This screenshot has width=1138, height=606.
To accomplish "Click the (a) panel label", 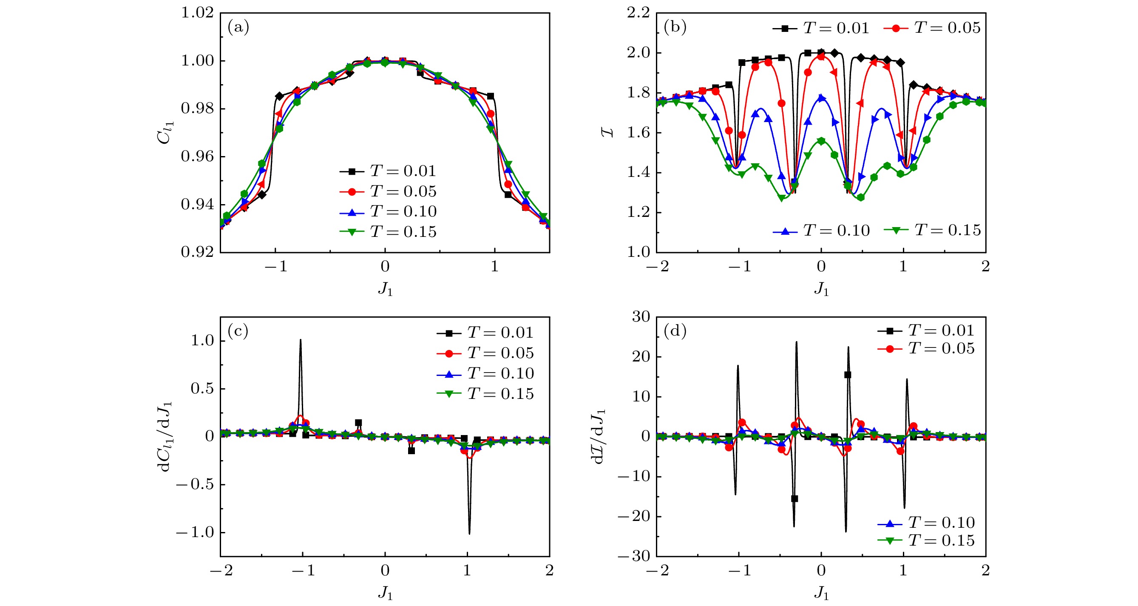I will [238, 28].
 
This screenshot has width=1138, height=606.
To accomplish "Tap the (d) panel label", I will [675, 331].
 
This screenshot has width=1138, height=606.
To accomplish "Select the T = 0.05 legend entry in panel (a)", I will [388, 191].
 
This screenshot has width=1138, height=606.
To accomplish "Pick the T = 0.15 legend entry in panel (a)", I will [388, 232].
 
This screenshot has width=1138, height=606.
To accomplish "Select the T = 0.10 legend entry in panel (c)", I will [485, 373].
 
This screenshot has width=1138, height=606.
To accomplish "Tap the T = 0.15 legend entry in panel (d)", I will [926, 540].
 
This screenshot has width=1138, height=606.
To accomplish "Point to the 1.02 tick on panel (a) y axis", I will [197, 13].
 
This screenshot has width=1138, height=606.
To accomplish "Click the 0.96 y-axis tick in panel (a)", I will [197, 156].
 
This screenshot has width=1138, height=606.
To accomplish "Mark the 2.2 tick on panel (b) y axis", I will [639, 13].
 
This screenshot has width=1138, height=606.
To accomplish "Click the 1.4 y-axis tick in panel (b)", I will [639, 172].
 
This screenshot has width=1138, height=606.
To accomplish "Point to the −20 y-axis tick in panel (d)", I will [634, 516].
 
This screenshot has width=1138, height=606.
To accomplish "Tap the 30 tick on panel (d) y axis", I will [641, 316].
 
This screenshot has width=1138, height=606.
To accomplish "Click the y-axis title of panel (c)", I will [165, 437].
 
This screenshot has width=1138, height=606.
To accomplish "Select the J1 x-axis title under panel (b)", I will [821, 289].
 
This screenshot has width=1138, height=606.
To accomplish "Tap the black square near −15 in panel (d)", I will [794, 498].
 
